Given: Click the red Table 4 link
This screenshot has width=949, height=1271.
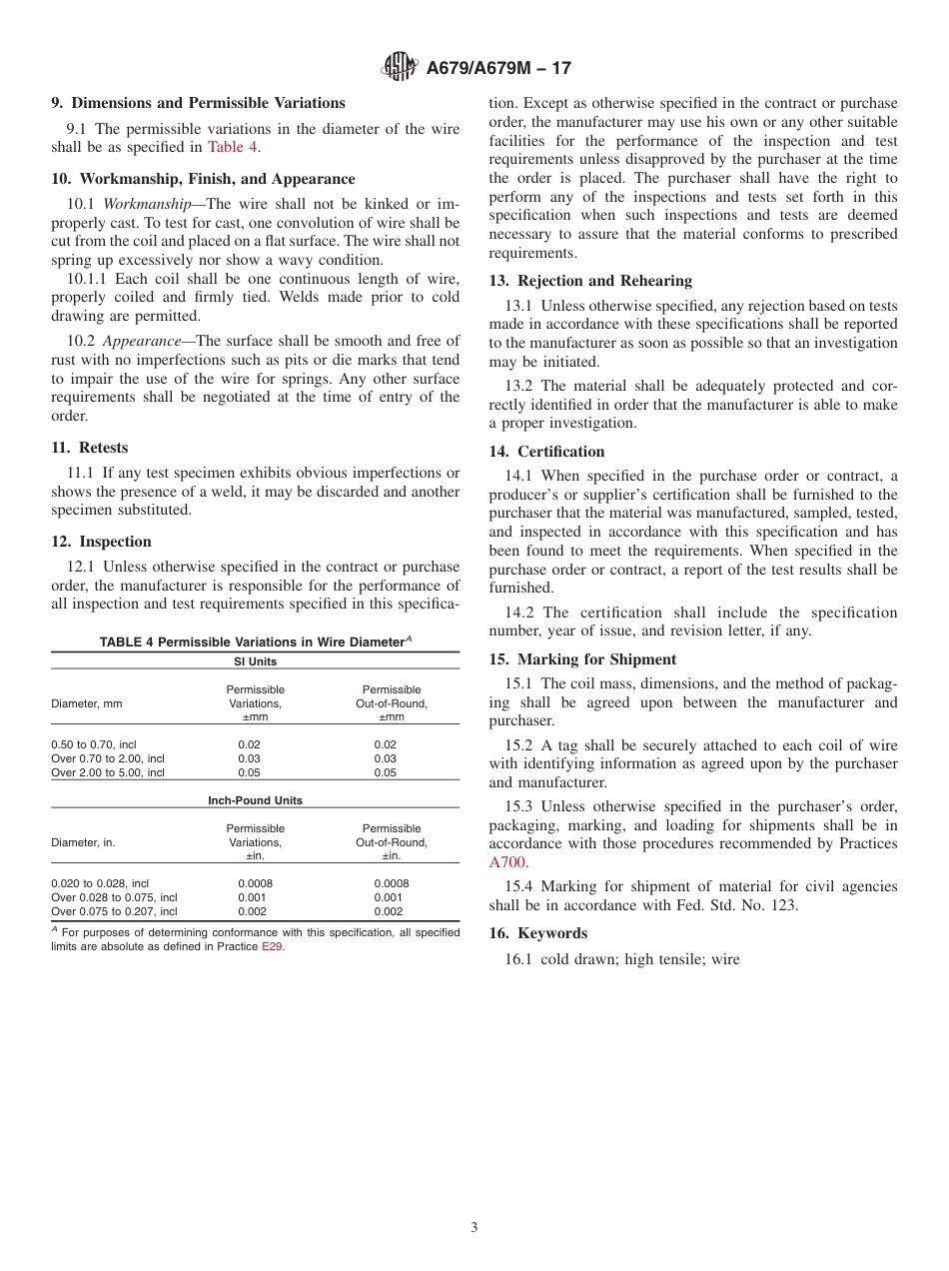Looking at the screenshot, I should [233, 147].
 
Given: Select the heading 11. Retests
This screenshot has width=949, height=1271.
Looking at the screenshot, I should [90, 448].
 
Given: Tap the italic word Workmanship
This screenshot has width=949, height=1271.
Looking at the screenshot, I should [146, 204].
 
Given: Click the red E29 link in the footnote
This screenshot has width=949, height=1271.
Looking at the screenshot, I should [272, 946].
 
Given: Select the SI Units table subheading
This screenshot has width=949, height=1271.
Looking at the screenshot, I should [256, 661].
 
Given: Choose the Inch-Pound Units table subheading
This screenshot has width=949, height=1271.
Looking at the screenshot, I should [256, 800].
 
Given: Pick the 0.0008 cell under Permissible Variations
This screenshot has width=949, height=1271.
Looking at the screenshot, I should [256, 883].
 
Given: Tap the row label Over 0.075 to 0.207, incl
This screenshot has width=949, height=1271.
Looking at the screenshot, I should [114, 911].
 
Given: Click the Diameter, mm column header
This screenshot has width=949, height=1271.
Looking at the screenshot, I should [87, 703].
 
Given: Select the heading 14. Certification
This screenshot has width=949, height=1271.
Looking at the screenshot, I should [546, 452].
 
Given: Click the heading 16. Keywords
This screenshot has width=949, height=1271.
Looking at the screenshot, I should [538, 933].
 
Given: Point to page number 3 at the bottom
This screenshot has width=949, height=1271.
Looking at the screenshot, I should [474, 1228].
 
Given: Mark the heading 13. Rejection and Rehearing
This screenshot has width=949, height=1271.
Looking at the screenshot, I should [590, 281].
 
